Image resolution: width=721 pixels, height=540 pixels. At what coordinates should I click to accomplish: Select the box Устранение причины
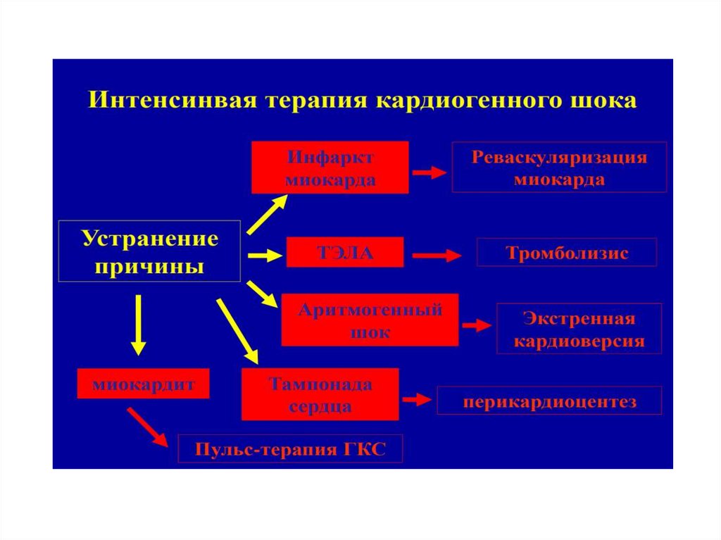[149, 252]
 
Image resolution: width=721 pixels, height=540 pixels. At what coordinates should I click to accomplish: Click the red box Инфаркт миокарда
[330, 167]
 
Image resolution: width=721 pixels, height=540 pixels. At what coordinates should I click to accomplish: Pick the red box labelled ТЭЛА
[345, 252]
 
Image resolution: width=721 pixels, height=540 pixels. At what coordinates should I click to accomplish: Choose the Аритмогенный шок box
[370, 320]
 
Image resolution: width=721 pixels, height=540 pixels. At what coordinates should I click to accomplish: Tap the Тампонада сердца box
[320, 394]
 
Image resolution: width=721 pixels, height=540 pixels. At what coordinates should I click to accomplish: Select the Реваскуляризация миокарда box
[559, 167]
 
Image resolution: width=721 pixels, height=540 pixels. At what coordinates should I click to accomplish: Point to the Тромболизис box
[566, 252]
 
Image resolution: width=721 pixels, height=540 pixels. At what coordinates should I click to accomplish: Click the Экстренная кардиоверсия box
[579, 328]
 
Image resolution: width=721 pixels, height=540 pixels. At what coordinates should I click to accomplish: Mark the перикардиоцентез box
[549, 401]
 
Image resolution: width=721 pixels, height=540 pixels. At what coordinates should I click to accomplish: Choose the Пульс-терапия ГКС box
[290, 448]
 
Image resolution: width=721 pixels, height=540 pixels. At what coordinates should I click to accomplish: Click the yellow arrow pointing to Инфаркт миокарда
[266, 213]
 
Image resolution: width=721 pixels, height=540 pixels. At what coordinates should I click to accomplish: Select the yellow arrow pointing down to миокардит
[139, 324]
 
